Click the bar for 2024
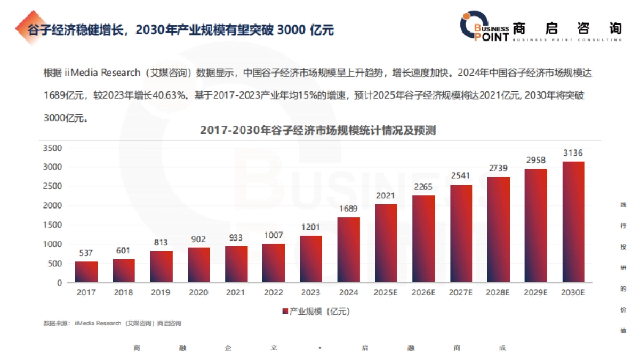(x=348, y=250)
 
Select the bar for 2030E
(x=573, y=221)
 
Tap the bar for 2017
(x=86, y=271)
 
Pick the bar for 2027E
(x=461, y=233)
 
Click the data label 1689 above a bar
(x=348, y=209)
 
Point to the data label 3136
(x=573, y=153)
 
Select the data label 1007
(x=273, y=235)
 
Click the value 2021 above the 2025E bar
(x=386, y=196)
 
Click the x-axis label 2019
(x=161, y=292)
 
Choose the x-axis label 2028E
(x=498, y=292)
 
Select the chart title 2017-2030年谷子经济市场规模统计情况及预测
(x=318, y=130)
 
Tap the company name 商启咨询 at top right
(x=567, y=28)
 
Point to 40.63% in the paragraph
(x=170, y=95)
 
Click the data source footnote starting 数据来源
(x=113, y=323)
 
